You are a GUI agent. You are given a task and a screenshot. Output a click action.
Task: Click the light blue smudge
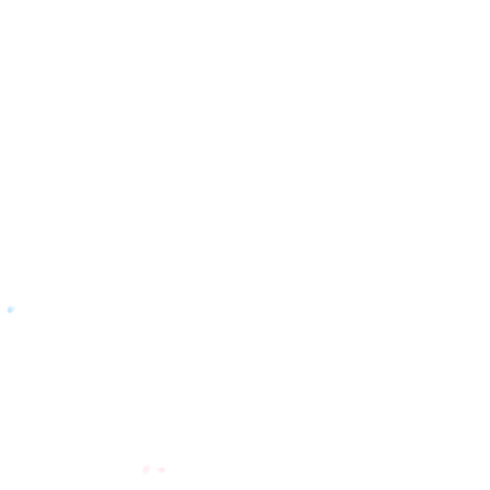(x=10, y=310)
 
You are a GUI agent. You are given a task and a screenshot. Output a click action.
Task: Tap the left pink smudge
(x=146, y=469)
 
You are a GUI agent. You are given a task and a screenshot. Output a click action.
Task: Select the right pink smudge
(x=161, y=469)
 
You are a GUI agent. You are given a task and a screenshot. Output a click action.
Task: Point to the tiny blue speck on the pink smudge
(x=163, y=468)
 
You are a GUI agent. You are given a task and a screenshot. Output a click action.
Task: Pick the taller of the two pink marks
(x=146, y=469)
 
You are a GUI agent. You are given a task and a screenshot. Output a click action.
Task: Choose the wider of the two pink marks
(x=161, y=469)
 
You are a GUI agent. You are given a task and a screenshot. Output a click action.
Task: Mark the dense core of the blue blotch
(x=10, y=311)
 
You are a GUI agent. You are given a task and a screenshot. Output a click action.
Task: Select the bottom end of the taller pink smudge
(x=144, y=476)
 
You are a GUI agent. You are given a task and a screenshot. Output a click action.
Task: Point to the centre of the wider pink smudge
(x=161, y=470)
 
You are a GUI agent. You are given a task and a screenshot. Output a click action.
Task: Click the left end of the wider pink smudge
(x=156, y=469)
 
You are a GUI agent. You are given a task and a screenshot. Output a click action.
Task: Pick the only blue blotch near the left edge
(x=10, y=310)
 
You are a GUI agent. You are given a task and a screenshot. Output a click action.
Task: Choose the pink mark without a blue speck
(x=146, y=469)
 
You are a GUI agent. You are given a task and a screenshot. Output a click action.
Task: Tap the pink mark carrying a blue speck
(x=161, y=470)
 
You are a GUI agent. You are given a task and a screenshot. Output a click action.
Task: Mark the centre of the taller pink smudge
(x=146, y=469)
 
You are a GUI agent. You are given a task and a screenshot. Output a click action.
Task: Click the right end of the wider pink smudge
(x=166, y=469)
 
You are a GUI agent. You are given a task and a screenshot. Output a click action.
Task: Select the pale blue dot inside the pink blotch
(x=163, y=468)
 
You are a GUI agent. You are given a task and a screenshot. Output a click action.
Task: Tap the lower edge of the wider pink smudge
(x=161, y=473)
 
